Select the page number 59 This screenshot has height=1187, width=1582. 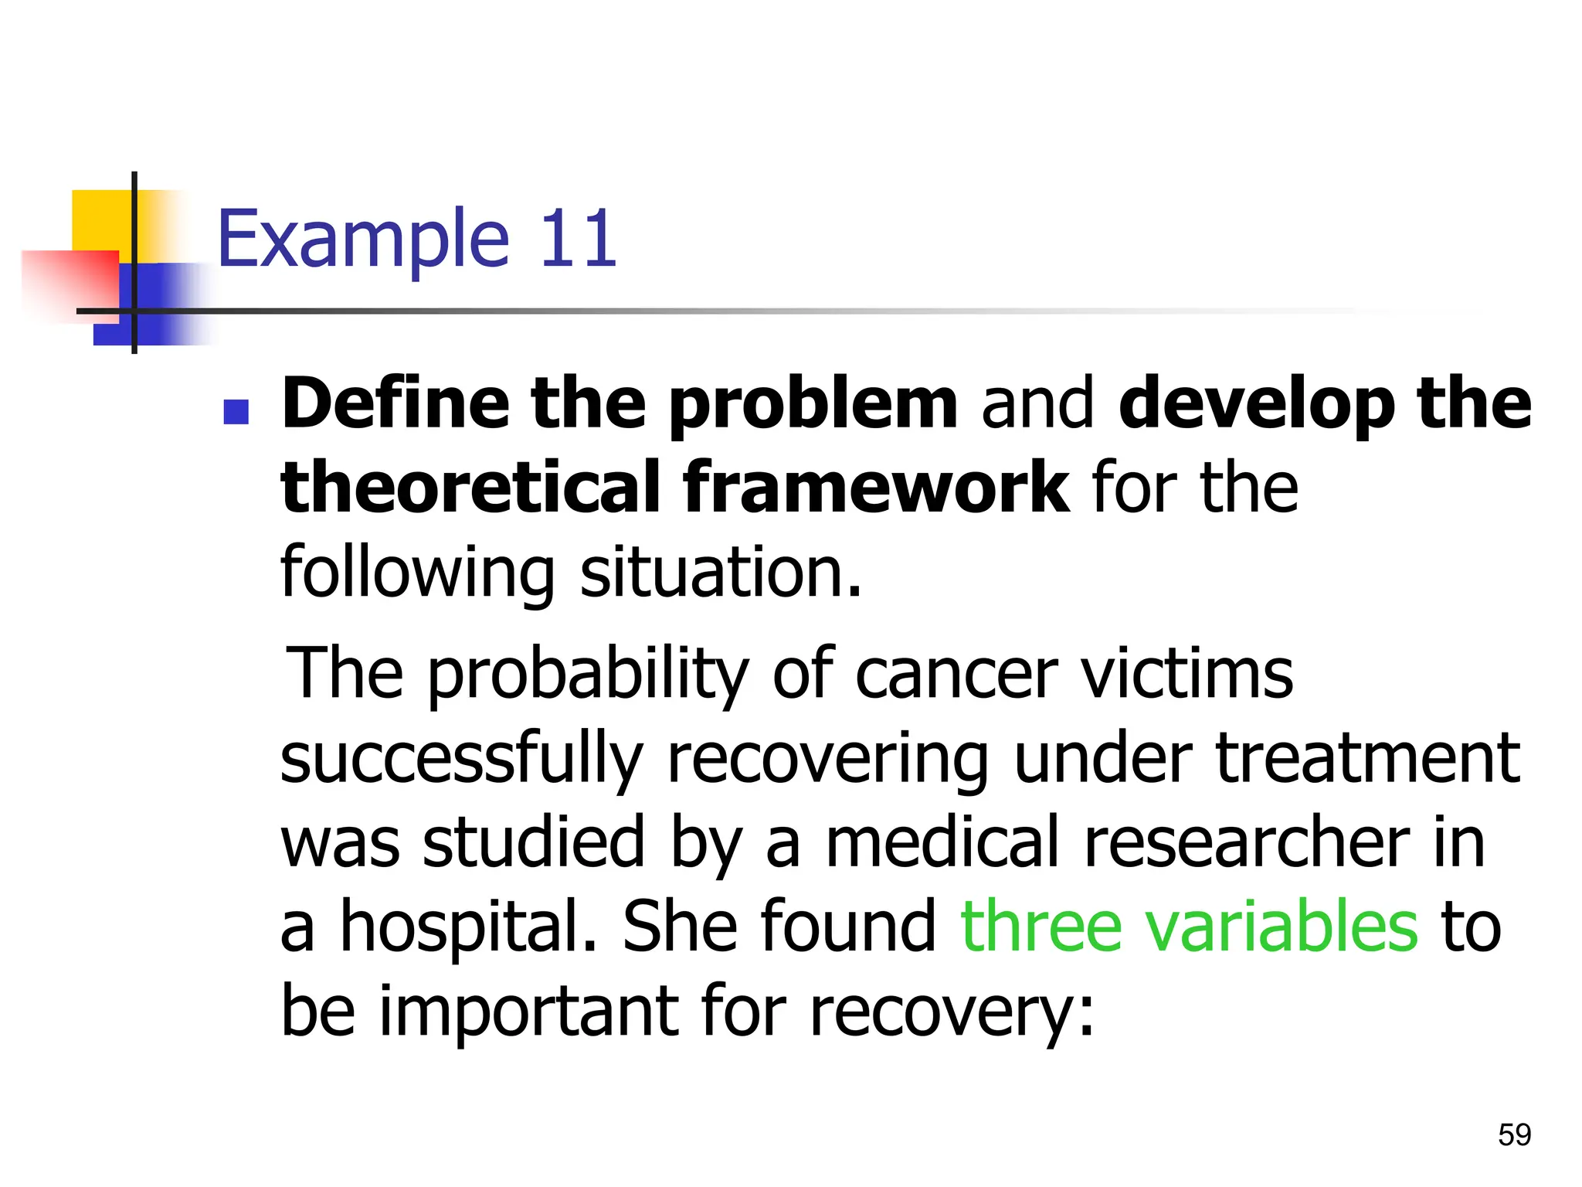coord(1514,1135)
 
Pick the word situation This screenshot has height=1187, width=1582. coord(720,573)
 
